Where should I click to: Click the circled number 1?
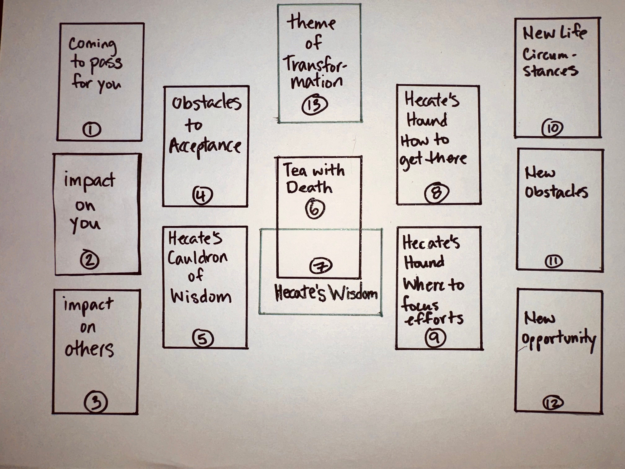(92, 130)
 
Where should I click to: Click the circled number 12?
(553, 403)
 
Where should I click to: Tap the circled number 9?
(435, 337)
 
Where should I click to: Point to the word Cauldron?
(197, 257)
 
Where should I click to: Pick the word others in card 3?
(89, 349)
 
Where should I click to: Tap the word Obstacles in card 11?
(556, 192)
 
